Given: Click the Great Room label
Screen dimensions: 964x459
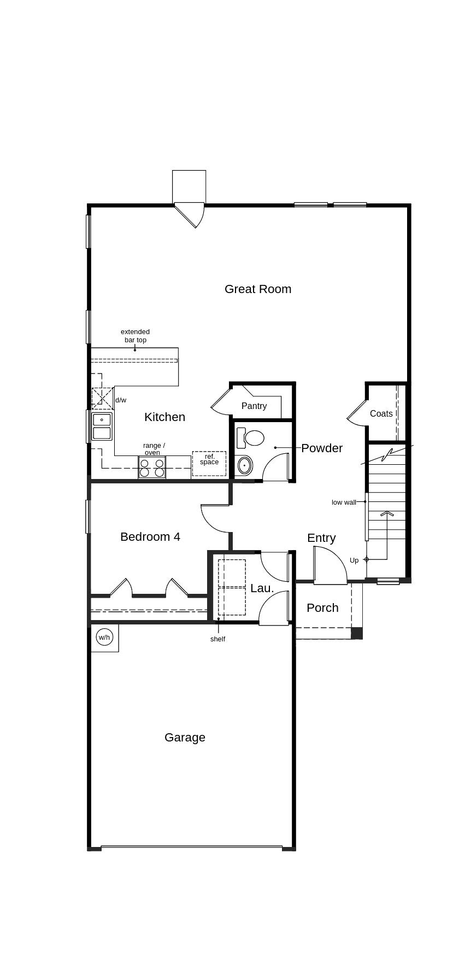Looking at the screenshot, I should (258, 289).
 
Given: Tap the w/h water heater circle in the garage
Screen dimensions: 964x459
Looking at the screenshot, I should (104, 637).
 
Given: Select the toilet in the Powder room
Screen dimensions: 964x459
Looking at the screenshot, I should (252, 437).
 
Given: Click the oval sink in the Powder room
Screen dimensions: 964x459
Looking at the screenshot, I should (245, 466).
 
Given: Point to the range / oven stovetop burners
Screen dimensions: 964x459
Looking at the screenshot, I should (152, 468).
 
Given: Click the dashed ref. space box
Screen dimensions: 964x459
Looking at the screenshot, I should (209, 463).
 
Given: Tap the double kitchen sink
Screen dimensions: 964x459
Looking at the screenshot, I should (102, 427).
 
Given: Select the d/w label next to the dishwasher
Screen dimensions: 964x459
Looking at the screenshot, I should (121, 400).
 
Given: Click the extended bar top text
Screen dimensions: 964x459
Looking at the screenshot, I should (135, 336).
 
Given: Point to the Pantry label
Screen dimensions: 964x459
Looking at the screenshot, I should (254, 406).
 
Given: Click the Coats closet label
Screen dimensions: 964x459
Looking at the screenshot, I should (381, 413).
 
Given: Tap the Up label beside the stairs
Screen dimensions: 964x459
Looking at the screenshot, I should (354, 560).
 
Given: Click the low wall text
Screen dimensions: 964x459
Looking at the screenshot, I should (344, 502).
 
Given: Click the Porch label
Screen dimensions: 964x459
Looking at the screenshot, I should (322, 607).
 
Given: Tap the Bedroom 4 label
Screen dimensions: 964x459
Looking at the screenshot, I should (150, 536).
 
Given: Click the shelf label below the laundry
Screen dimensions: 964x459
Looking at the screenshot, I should (217, 639).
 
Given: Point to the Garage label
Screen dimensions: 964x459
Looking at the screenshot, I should (185, 737).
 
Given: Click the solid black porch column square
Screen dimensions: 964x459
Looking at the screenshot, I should (356, 633).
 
